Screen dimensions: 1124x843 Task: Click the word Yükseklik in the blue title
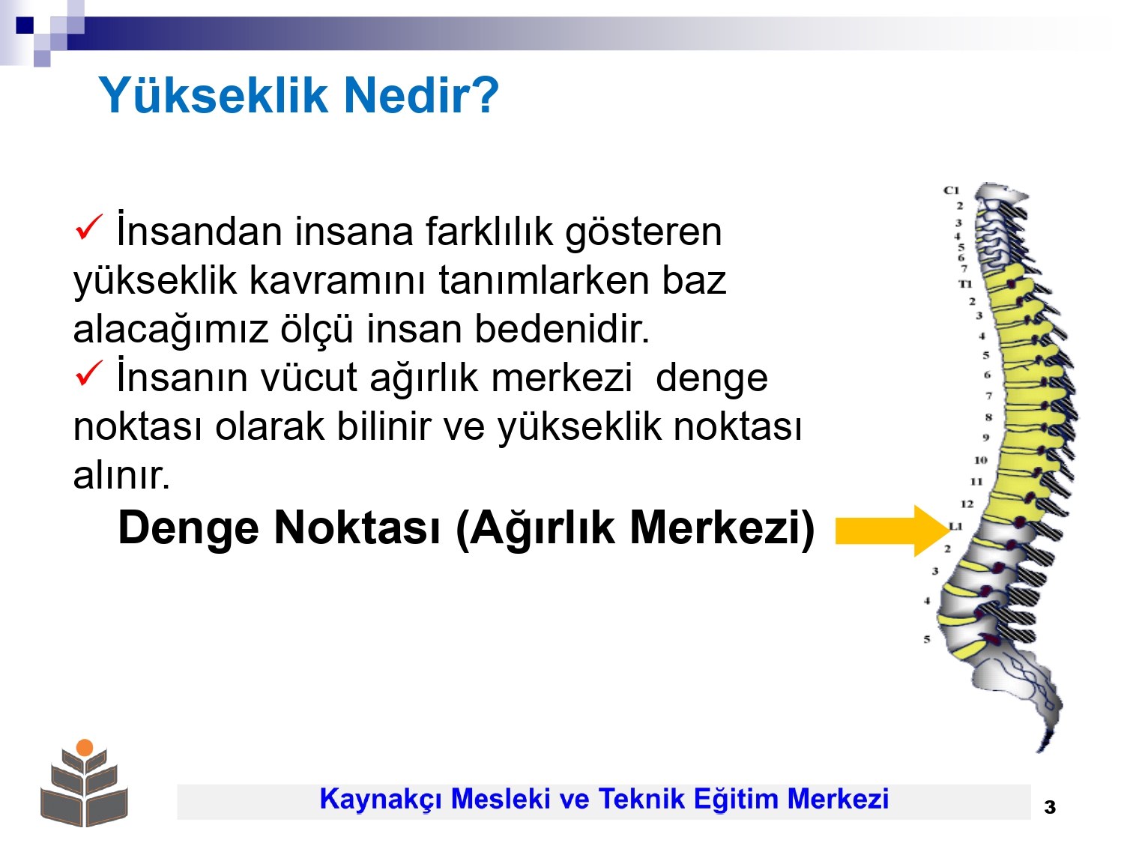click(x=213, y=95)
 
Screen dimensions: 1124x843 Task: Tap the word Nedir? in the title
click(x=421, y=95)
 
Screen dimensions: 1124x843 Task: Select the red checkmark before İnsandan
click(x=89, y=227)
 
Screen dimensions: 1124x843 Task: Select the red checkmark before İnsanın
click(x=89, y=373)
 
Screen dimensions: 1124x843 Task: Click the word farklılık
click(x=489, y=232)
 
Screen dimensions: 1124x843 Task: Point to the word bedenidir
click(x=562, y=328)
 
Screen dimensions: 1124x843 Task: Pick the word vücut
click(x=308, y=378)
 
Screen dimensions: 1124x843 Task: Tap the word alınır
click(x=121, y=474)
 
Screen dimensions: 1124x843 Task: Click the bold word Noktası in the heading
click(x=357, y=528)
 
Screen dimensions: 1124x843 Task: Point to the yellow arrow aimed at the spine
click(x=892, y=531)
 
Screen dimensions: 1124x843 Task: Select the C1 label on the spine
click(x=951, y=190)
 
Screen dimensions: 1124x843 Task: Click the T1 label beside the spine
click(x=964, y=283)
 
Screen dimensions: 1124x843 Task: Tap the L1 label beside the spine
click(x=955, y=526)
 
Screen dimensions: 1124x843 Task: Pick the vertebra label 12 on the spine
click(x=967, y=504)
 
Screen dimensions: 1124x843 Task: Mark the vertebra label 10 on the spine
click(x=980, y=459)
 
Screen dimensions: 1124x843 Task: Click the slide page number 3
click(x=1049, y=807)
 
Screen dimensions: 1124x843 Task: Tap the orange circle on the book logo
click(x=85, y=747)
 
